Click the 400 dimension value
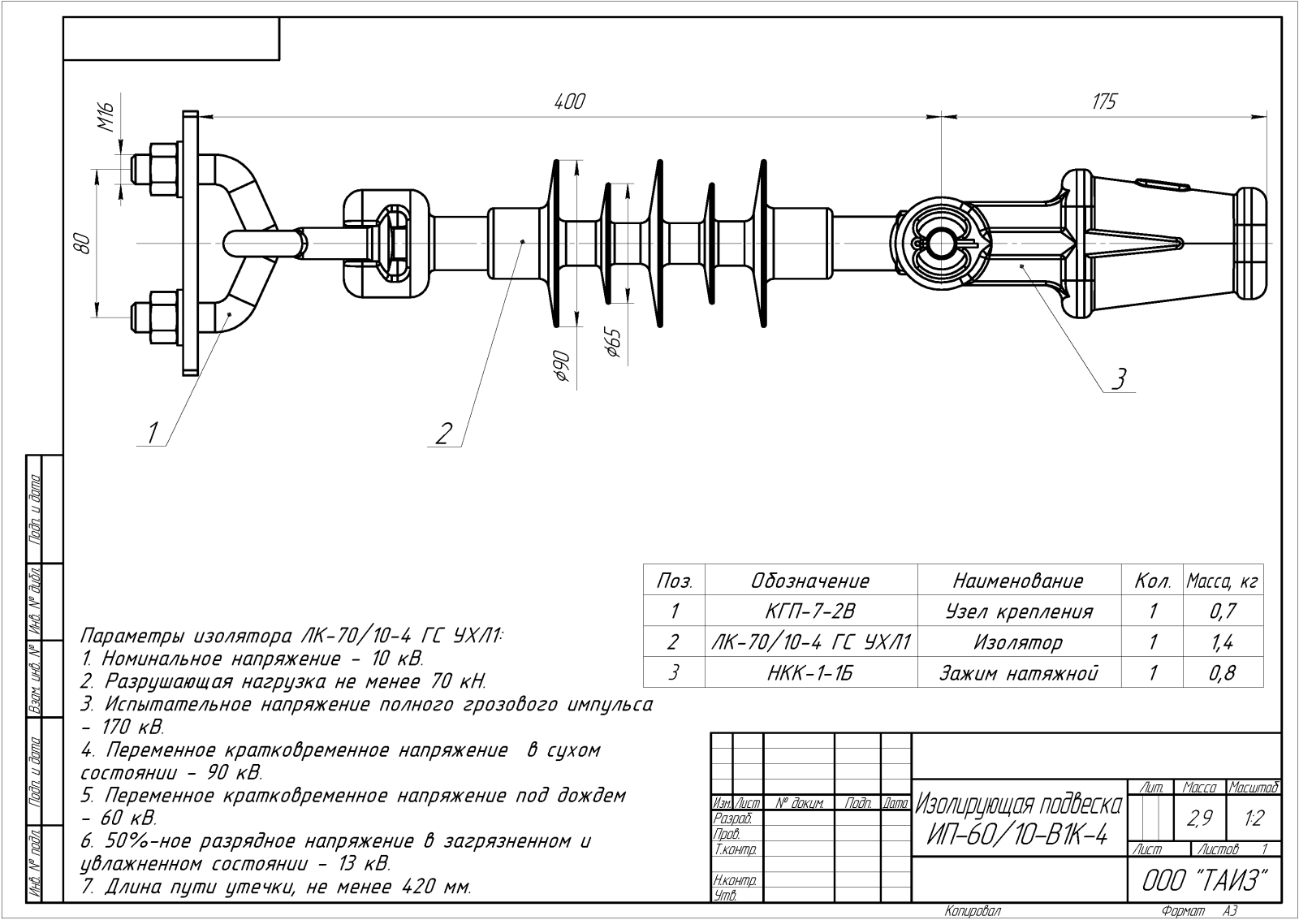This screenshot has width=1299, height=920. point(569,102)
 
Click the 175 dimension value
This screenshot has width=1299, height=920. point(1104,102)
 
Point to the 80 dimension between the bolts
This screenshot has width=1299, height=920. point(80,243)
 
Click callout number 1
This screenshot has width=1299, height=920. point(152,433)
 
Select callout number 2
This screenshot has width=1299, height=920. point(442,434)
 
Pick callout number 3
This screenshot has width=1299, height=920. point(1119,378)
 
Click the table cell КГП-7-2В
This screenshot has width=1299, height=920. point(810,611)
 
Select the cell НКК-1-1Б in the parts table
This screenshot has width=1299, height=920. point(810,672)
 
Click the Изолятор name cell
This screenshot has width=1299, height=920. point(1018,642)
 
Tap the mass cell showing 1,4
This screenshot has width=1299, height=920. point(1222,642)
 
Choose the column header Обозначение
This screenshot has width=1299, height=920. point(810,581)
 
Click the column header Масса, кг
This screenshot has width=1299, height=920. point(1222,581)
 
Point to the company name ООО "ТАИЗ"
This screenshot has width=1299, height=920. point(1204,880)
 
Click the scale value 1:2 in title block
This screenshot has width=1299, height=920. point(1254,818)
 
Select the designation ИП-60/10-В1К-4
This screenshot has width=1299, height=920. point(1018,835)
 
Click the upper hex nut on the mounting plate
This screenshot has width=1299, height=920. point(161,169)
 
